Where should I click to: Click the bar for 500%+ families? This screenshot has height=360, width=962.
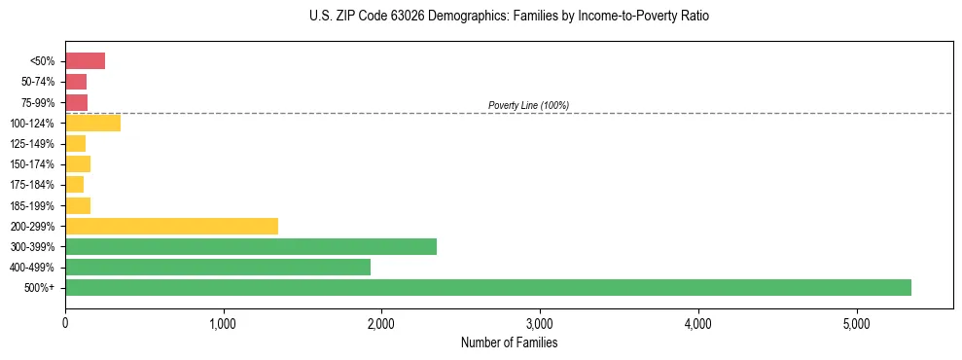[x=487, y=287]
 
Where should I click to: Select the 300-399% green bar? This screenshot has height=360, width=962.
[x=250, y=246]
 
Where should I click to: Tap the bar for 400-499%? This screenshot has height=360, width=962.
[x=217, y=267]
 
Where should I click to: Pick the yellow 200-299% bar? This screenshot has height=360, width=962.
[x=171, y=226]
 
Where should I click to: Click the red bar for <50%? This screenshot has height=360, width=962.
[x=85, y=61]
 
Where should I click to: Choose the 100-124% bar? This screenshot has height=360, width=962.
[x=92, y=123]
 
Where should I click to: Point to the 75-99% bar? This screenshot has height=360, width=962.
[x=76, y=102]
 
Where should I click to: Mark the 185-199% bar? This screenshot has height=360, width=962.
[x=78, y=205]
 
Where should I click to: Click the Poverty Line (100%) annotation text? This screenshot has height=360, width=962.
[x=528, y=105]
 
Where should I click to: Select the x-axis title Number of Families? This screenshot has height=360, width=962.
[x=509, y=342]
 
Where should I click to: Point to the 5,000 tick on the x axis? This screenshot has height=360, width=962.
[x=856, y=323]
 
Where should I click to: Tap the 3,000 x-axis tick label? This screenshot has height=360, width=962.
[x=540, y=323]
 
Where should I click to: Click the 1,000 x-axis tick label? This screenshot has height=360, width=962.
[x=223, y=323]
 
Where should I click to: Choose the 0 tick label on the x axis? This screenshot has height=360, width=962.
[x=65, y=323]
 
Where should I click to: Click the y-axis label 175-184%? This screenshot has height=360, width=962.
[x=32, y=185]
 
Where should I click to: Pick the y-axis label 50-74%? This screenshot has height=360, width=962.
[x=37, y=82]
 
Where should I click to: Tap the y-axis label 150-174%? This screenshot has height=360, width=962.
[x=32, y=164]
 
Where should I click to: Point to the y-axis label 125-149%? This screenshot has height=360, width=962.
[x=32, y=144]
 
